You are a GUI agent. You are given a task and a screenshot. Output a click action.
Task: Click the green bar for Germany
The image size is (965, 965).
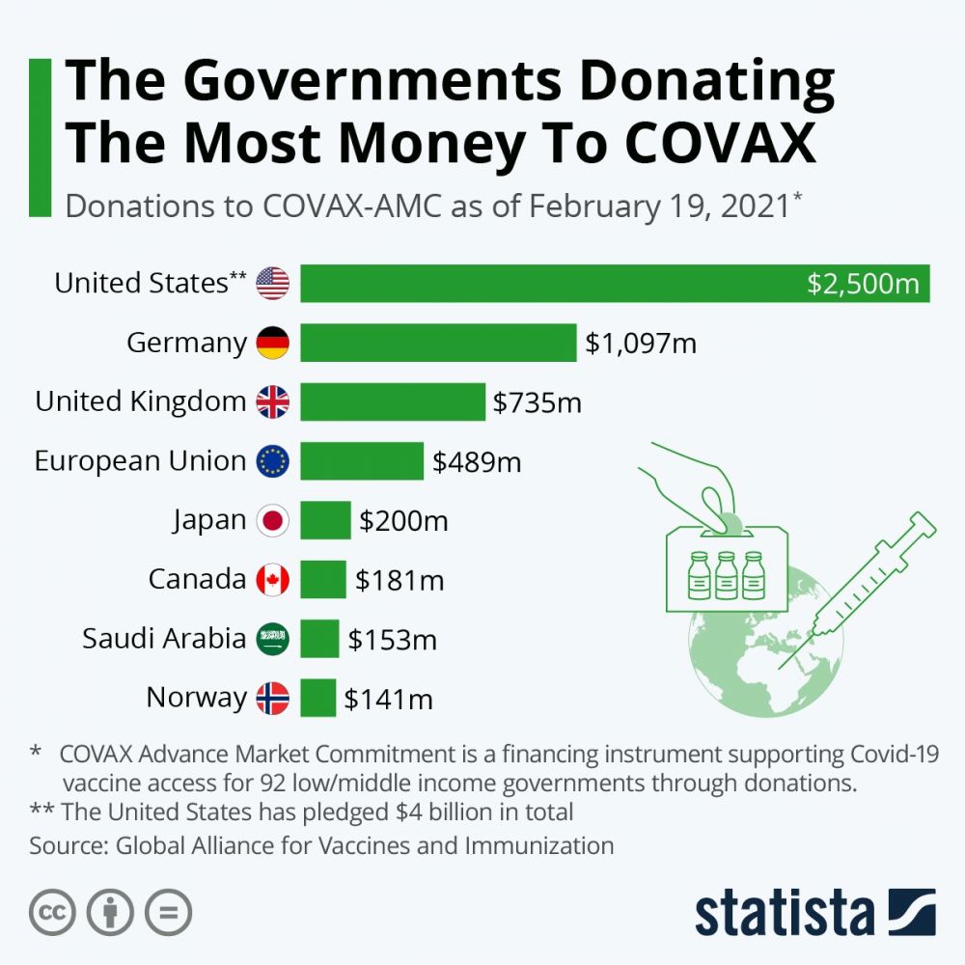[438, 343]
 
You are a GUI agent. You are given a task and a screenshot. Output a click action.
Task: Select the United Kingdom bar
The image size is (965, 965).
[392, 401]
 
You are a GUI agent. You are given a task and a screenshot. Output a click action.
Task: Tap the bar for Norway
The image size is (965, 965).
[317, 698]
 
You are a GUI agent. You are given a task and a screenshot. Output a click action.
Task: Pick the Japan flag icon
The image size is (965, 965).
[272, 521]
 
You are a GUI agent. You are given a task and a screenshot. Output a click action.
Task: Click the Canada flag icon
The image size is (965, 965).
[272, 580]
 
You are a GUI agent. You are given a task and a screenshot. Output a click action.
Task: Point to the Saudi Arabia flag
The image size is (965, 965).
[272, 639]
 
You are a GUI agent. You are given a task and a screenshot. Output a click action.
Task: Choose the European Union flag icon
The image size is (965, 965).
[272, 461]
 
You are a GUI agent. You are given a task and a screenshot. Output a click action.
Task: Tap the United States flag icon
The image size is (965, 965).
[272, 284]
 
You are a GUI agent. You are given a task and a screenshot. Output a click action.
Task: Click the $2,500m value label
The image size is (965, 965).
[865, 285]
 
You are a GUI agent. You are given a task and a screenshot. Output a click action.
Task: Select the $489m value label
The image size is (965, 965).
[477, 462]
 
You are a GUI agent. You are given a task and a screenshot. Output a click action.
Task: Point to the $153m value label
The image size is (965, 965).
[392, 640]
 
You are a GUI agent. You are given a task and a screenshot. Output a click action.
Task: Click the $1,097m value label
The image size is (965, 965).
[641, 344]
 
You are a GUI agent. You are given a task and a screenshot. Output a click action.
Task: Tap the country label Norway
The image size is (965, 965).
[196, 697]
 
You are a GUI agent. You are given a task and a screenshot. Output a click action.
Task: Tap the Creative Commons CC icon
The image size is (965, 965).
[53, 911]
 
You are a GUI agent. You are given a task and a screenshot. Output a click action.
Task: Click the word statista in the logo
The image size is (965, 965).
[784, 912]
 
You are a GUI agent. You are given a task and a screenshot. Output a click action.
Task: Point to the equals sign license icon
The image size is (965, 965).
[168, 911]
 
